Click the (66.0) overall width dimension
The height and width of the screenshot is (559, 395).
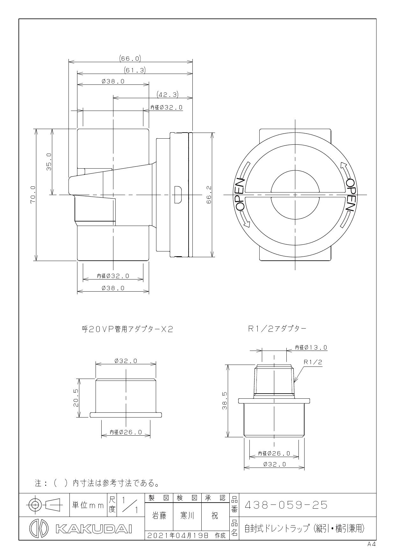130,59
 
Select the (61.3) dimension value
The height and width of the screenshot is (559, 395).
135,70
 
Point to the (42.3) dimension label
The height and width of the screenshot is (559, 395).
168,94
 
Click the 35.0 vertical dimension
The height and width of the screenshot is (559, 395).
49,162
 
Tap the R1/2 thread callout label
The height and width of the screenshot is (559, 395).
313,362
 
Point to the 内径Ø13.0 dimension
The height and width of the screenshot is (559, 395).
311,347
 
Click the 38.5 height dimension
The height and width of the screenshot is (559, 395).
225,401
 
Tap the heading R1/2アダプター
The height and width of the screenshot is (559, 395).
277,329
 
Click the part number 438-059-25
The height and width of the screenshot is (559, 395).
286,505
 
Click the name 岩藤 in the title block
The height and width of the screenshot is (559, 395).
159,516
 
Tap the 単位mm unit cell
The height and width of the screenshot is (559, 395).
88,505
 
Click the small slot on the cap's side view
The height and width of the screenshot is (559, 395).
178,194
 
